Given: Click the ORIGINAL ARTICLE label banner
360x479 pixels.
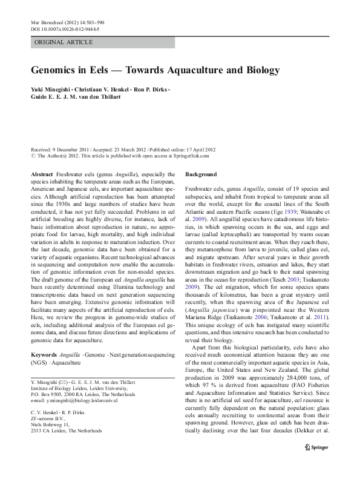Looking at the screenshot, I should tap(64, 42).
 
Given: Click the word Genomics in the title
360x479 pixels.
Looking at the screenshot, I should tap(57, 70).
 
